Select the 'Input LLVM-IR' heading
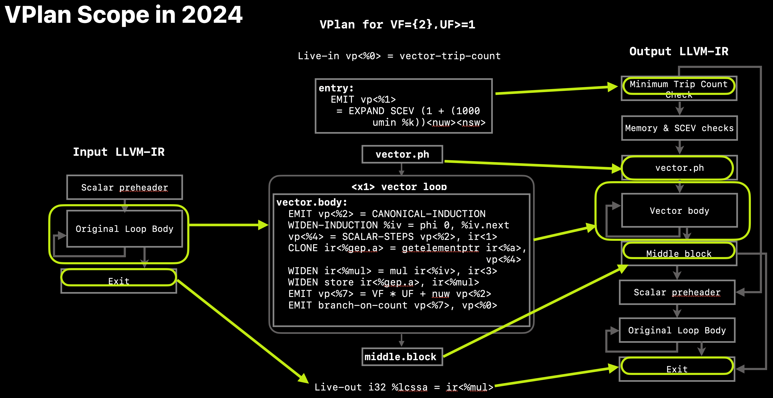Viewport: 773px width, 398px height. (119, 152)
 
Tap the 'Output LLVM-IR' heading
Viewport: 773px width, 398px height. (678, 51)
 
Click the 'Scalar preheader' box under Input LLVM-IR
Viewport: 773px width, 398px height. (124, 187)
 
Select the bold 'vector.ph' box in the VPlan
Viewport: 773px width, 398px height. (402, 154)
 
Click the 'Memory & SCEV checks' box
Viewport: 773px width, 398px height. (679, 128)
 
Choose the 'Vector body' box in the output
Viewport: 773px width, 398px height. (679, 211)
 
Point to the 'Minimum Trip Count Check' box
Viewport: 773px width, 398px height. (679, 88)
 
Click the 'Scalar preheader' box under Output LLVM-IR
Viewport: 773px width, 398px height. (677, 292)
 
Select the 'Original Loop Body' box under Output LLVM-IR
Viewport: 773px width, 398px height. (677, 330)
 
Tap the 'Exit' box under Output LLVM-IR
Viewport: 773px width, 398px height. (677, 369)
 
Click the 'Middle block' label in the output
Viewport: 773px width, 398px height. (679, 254)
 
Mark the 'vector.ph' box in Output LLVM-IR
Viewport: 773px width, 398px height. (679, 168)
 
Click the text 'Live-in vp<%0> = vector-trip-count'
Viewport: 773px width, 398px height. (399, 56)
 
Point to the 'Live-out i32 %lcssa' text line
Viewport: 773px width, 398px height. (404, 387)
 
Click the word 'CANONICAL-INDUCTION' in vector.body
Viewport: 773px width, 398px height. (429, 214)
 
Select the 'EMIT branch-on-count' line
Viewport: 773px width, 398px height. (393, 305)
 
